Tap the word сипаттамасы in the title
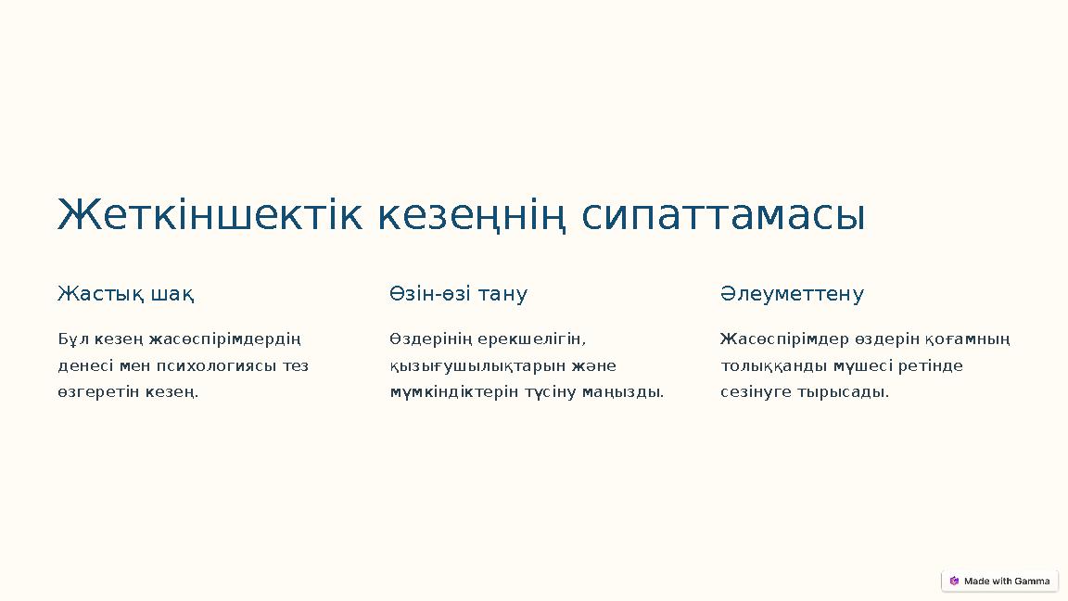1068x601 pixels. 723,215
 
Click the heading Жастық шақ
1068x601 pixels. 126,295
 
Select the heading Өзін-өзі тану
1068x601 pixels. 458,295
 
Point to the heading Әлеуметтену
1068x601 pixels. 792,295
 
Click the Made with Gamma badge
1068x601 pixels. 999,582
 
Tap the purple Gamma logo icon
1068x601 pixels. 954,582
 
